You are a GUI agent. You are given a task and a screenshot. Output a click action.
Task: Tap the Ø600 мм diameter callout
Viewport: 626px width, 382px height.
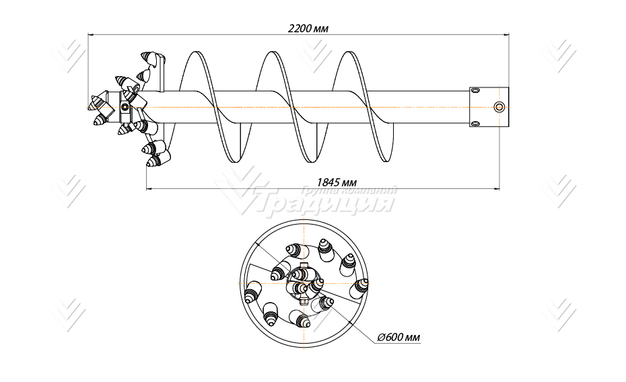point(399,337)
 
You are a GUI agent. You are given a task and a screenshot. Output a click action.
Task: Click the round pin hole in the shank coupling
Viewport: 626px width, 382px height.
point(498,107)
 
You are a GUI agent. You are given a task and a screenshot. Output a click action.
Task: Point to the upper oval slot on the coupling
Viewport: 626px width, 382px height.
point(475,89)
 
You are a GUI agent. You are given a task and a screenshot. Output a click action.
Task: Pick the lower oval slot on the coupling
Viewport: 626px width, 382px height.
point(475,123)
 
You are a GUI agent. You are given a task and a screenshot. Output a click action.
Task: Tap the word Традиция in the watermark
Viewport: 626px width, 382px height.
point(323,203)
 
